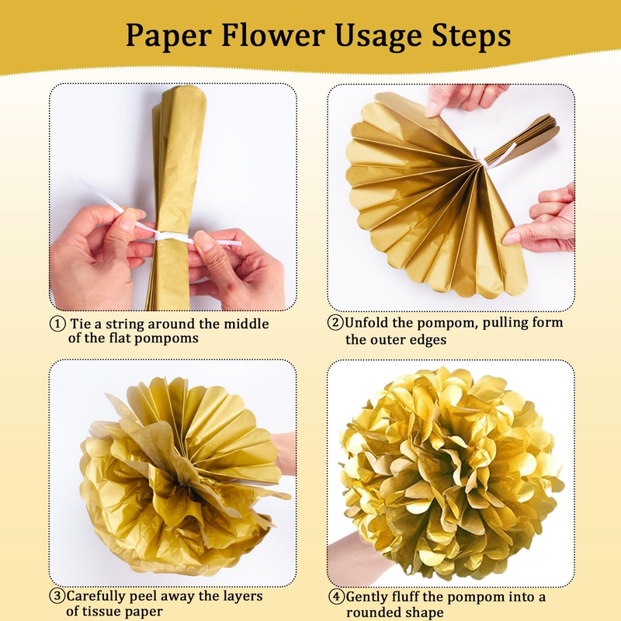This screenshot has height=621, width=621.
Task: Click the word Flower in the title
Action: coord(273,35)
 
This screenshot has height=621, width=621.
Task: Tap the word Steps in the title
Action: coord(471,36)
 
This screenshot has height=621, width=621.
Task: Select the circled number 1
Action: coord(57,324)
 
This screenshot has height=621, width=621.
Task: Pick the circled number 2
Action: coord(335,322)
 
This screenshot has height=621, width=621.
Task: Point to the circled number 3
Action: coord(57,595)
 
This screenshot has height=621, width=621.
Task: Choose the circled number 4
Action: coord(337,596)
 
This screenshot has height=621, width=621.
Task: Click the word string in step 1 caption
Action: coord(125,324)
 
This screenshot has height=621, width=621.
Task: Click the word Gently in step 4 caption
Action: coord(366,597)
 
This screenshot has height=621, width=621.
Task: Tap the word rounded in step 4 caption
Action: coord(373,612)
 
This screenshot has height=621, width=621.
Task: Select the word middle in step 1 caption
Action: coord(246,324)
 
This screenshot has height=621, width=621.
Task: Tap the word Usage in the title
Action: coord(378,36)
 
